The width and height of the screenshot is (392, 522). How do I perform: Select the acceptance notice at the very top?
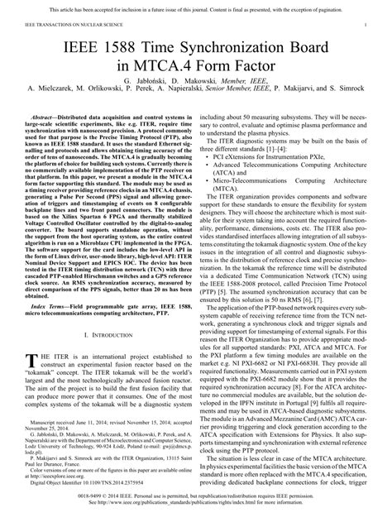tap(196, 8)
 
